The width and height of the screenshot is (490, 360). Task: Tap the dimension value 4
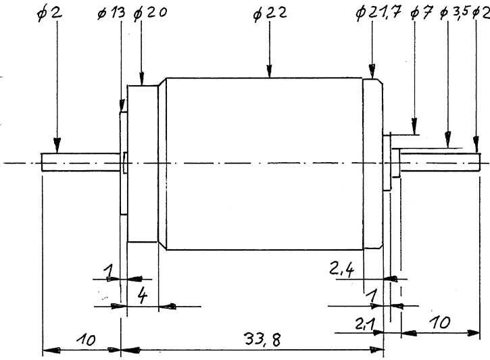143,295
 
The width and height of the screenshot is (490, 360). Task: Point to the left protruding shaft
81,162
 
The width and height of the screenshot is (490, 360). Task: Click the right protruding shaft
439,159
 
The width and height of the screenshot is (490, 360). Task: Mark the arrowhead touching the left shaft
57,147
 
